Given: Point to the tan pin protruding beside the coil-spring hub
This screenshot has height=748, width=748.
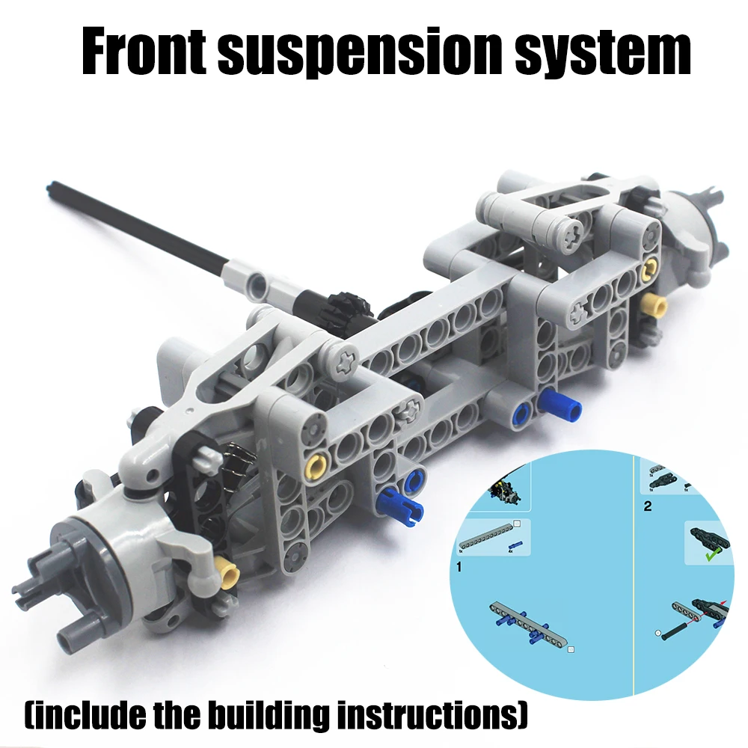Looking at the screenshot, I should pos(227,570).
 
